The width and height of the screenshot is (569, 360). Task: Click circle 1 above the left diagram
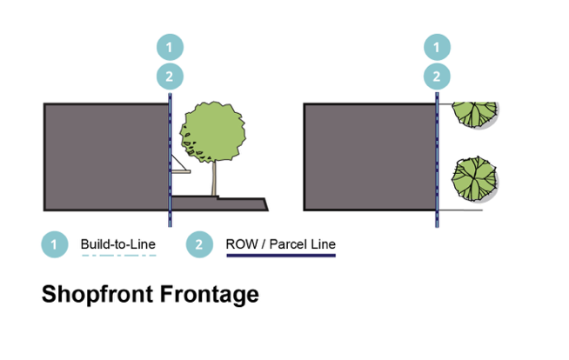(170, 47)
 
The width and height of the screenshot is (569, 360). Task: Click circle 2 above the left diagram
(170, 77)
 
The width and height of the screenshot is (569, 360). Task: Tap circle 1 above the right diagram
(437, 47)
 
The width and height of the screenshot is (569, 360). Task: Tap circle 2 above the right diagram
(437, 77)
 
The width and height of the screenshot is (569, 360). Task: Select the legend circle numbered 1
(55, 244)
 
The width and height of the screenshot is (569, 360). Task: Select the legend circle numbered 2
(199, 244)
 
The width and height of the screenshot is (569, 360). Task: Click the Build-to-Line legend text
(118, 244)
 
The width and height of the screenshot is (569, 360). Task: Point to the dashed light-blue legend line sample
(119, 256)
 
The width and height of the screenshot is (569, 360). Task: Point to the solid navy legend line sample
(281, 256)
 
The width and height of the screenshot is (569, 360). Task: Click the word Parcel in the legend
(288, 244)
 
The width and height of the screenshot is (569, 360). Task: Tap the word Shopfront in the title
(98, 295)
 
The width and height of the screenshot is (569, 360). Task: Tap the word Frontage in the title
(210, 295)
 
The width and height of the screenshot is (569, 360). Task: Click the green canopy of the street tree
(212, 131)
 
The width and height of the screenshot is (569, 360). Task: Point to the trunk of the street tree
(214, 178)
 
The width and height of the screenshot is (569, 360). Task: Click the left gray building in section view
(106, 157)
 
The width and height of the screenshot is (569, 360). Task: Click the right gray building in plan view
(370, 157)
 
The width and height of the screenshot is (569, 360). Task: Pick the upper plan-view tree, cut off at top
(475, 115)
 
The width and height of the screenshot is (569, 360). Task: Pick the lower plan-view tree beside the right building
(475, 179)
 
